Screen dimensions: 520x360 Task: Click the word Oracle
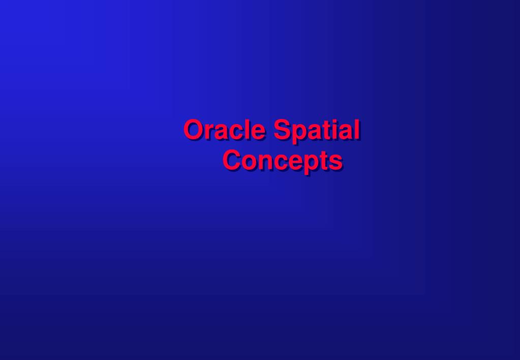225,129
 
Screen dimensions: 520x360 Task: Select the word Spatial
317,131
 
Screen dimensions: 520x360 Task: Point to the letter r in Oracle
209,132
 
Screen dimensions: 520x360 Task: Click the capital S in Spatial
283,129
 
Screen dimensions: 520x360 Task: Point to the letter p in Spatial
300,134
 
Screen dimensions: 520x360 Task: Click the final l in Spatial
358,129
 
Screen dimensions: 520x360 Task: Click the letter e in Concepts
296,163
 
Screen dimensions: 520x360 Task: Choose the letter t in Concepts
325,161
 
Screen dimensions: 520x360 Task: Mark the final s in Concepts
337,163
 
